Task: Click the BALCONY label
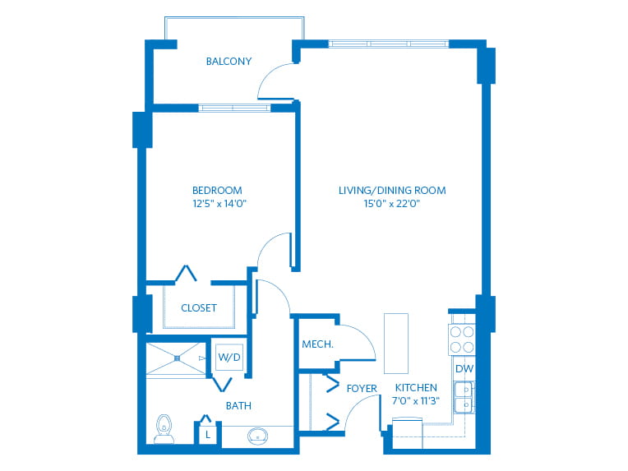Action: pyautogui.click(x=229, y=62)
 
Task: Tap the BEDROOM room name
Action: pyautogui.click(x=217, y=191)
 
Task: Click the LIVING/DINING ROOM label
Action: pyautogui.click(x=392, y=191)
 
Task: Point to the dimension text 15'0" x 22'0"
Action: pyautogui.click(x=392, y=205)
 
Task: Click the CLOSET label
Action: pyautogui.click(x=199, y=308)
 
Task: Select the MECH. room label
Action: pyautogui.click(x=317, y=344)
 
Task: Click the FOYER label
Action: pyautogui.click(x=362, y=388)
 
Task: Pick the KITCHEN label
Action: pyautogui.click(x=416, y=388)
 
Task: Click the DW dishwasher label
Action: pyautogui.click(x=464, y=368)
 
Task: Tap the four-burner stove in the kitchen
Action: pyautogui.click(x=461, y=339)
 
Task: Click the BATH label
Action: pyautogui.click(x=238, y=406)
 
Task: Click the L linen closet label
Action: pyautogui.click(x=209, y=433)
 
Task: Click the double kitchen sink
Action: pyautogui.click(x=464, y=395)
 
